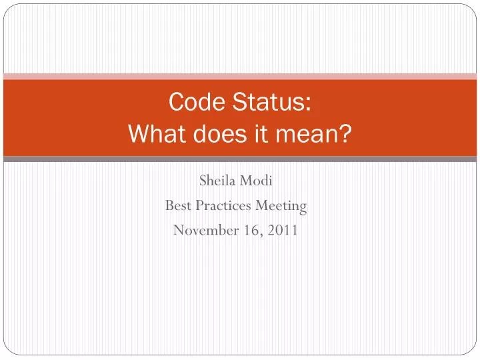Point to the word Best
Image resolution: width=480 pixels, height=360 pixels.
click(x=179, y=205)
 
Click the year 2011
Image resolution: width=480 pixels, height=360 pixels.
click(x=284, y=230)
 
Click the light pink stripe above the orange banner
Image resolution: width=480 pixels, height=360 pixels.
click(x=240, y=76)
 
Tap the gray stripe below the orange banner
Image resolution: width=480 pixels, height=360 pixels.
click(x=240, y=159)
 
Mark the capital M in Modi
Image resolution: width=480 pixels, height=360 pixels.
click(x=247, y=181)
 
